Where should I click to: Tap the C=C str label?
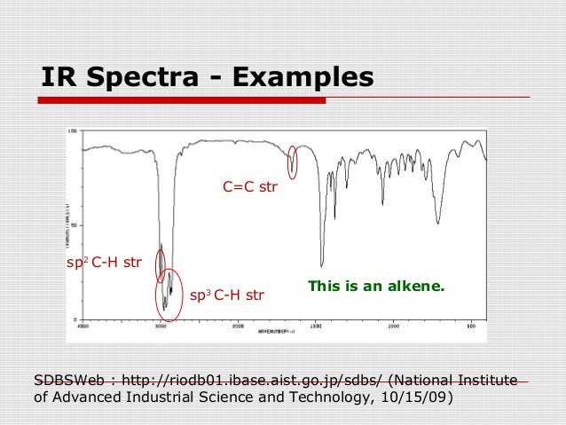[250, 188]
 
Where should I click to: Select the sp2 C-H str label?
[105, 263]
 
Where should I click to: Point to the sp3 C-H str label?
[227, 295]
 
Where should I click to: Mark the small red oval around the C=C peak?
[293, 161]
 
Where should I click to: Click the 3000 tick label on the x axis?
[161, 326]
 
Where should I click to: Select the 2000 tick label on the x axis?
[238, 326]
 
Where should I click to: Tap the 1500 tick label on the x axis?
[316, 326]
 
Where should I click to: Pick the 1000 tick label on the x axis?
[393, 326]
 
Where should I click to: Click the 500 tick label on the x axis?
[470, 326]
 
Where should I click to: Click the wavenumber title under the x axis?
[277, 331]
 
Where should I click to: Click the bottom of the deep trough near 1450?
[321, 265]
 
